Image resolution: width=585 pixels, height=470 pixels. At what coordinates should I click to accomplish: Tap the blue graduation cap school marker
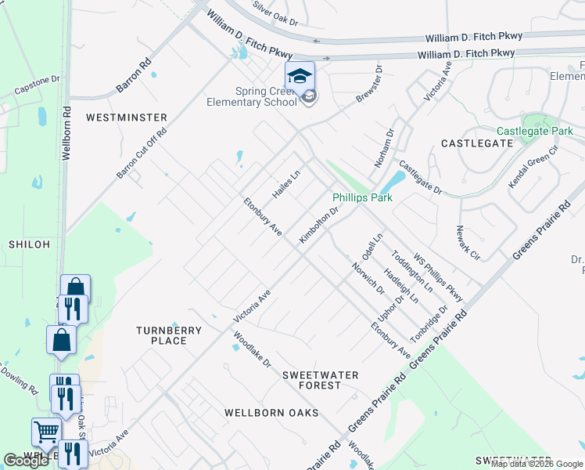coord(299,77)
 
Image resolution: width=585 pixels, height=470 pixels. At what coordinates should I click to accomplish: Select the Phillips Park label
coord(362,198)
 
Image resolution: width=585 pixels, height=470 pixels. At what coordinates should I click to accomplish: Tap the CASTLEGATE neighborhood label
coord(477,143)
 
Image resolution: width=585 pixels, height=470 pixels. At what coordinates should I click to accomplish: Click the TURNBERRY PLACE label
coord(168,335)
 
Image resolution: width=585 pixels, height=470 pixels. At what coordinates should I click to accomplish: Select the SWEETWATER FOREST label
coord(320,380)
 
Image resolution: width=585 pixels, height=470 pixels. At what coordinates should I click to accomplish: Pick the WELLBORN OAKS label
coord(271,412)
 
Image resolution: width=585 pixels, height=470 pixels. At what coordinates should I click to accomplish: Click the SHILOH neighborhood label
coord(29,244)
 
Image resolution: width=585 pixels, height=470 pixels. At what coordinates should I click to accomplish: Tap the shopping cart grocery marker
coord(46,431)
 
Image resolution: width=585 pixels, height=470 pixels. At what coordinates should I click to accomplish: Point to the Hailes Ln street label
coord(286,185)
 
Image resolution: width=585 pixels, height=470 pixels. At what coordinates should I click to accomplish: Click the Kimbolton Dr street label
coord(321,225)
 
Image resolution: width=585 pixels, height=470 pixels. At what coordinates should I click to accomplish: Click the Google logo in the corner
coord(26,461)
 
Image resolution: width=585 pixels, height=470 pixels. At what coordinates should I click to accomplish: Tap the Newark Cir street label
coord(468,242)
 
